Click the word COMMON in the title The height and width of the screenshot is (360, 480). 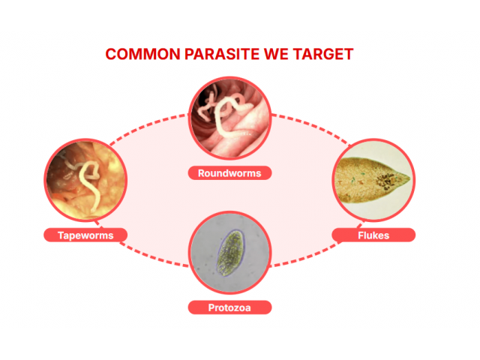tap(142, 54)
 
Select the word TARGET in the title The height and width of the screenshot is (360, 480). tap(323, 54)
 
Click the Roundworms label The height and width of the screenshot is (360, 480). tap(229, 173)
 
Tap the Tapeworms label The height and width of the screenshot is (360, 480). tap(85, 235)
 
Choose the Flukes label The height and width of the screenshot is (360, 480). tap(373, 235)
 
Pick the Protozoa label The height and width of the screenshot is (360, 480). tap(229, 307)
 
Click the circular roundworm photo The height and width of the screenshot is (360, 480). tap(229, 118)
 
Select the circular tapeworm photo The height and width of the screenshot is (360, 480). tap(85, 180)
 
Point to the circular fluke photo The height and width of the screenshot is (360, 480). tap(373, 180)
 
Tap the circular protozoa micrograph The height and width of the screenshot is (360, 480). tap(229, 253)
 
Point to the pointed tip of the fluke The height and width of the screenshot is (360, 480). tap(409, 178)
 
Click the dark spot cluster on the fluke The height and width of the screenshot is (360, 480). tap(385, 181)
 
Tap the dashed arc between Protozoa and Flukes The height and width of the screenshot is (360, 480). tap(309, 256)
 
